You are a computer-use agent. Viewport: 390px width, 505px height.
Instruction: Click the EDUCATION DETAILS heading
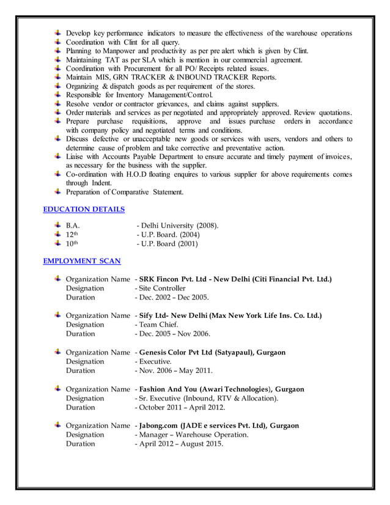pos(84,209)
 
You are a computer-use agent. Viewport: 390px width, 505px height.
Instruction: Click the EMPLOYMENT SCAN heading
pos(82,261)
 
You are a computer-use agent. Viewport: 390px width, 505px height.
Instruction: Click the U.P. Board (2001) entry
pos(169,244)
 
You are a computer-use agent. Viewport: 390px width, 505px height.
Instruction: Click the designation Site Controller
pos(161,288)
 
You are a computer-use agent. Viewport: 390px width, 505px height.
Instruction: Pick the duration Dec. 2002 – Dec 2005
pos(173,298)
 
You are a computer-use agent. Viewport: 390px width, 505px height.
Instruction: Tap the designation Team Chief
pos(157,325)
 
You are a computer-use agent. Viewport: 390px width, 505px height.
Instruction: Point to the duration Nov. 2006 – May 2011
pos(175,370)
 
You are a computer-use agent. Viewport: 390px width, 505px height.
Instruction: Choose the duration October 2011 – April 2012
pos(182,407)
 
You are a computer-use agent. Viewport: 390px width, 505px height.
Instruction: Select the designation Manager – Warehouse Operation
pos(193,435)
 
